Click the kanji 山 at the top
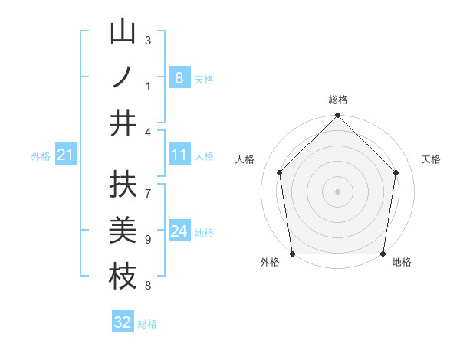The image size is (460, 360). coord(123,33)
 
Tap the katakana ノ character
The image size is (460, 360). coord(123,77)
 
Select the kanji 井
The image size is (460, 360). coord(123,123)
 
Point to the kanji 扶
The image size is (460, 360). coord(123,185)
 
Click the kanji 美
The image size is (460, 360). coord(123,231)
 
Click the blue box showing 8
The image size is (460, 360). coord(179,77)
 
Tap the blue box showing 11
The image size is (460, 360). coord(179,155)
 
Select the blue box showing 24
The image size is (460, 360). coord(179,231)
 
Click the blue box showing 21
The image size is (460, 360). coord(65,155)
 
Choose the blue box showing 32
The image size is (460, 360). coord(123,322)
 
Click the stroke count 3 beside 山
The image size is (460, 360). coord(148,40)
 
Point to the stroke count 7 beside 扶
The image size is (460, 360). coord(148,187)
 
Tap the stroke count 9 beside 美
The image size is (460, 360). coord(148,240)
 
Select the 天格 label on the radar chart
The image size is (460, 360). coord(431,159)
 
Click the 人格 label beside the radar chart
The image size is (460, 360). coord(245,159)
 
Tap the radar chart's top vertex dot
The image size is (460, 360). coord(337,116)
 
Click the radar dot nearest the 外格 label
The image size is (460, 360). coord(292,254)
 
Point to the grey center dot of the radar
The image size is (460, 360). coord(337,191)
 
